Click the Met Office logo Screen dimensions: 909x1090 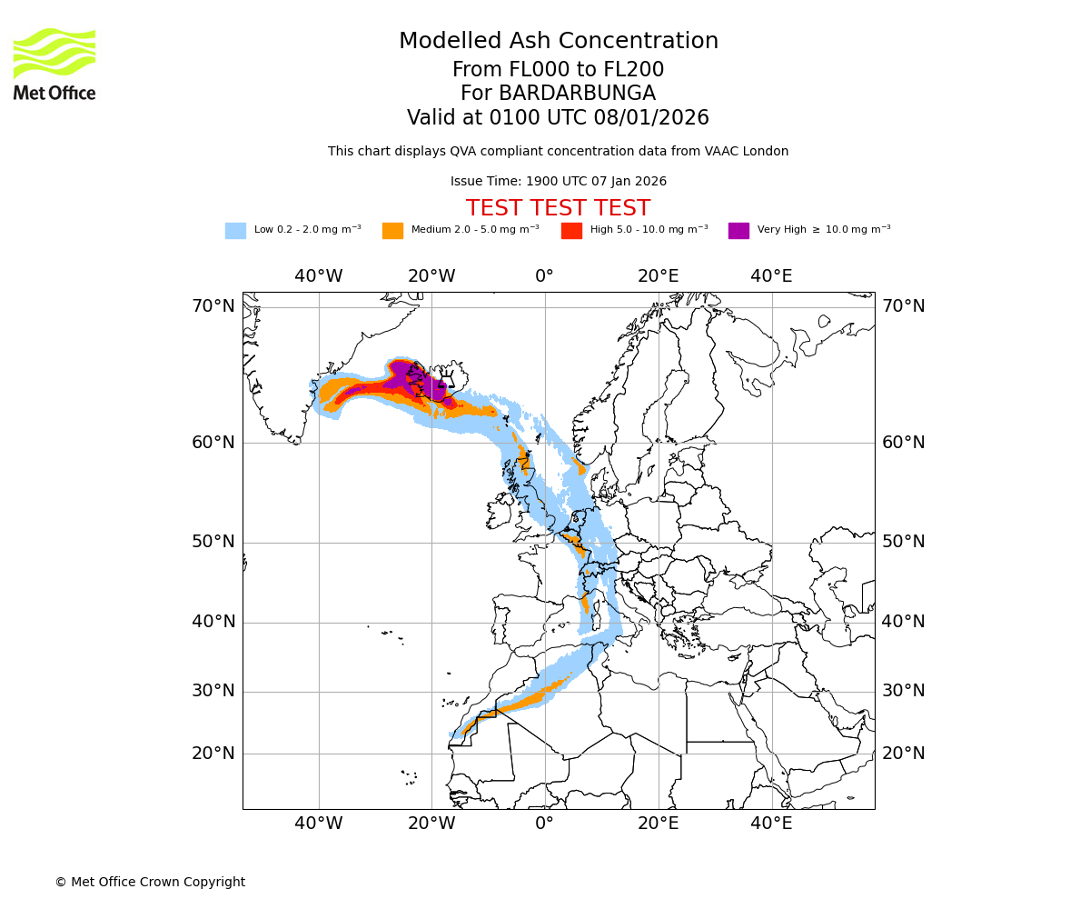click(54, 64)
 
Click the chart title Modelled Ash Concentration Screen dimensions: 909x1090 click(558, 42)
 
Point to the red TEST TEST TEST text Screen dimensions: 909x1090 click(558, 208)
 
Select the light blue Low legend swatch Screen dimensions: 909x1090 click(235, 231)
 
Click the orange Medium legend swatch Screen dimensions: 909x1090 click(392, 231)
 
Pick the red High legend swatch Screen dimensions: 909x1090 click(571, 231)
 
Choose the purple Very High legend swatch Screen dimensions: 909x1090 click(738, 231)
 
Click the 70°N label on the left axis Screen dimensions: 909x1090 click(213, 306)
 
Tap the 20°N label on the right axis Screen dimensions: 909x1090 click(903, 754)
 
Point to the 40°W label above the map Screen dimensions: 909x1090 click(318, 276)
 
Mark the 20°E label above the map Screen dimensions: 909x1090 click(658, 276)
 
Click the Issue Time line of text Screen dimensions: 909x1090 click(558, 182)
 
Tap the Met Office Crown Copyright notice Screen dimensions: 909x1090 click(150, 883)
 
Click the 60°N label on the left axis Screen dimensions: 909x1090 click(213, 443)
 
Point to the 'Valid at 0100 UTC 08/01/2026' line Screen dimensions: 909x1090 click(558, 118)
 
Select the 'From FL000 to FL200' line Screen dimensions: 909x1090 click(558, 70)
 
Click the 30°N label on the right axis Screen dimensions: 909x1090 click(903, 691)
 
